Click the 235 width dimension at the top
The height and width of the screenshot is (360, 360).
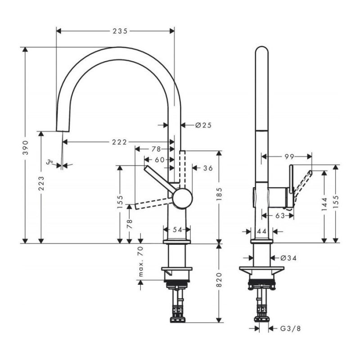[117, 31]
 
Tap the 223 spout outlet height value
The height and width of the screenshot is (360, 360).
[41, 183]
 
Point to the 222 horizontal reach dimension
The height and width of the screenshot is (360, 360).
[119, 142]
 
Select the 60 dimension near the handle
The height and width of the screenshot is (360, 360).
[159, 159]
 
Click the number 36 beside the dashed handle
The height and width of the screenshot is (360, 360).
[207, 168]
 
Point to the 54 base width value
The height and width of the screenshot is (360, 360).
[178, 229]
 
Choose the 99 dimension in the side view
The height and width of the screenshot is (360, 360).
[289, 157]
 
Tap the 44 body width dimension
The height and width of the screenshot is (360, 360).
[262, 231]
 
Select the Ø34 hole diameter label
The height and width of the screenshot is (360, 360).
[290, 258]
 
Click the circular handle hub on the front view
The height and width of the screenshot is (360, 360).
[182, 198]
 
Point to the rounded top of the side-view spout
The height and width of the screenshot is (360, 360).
[262, 50]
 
